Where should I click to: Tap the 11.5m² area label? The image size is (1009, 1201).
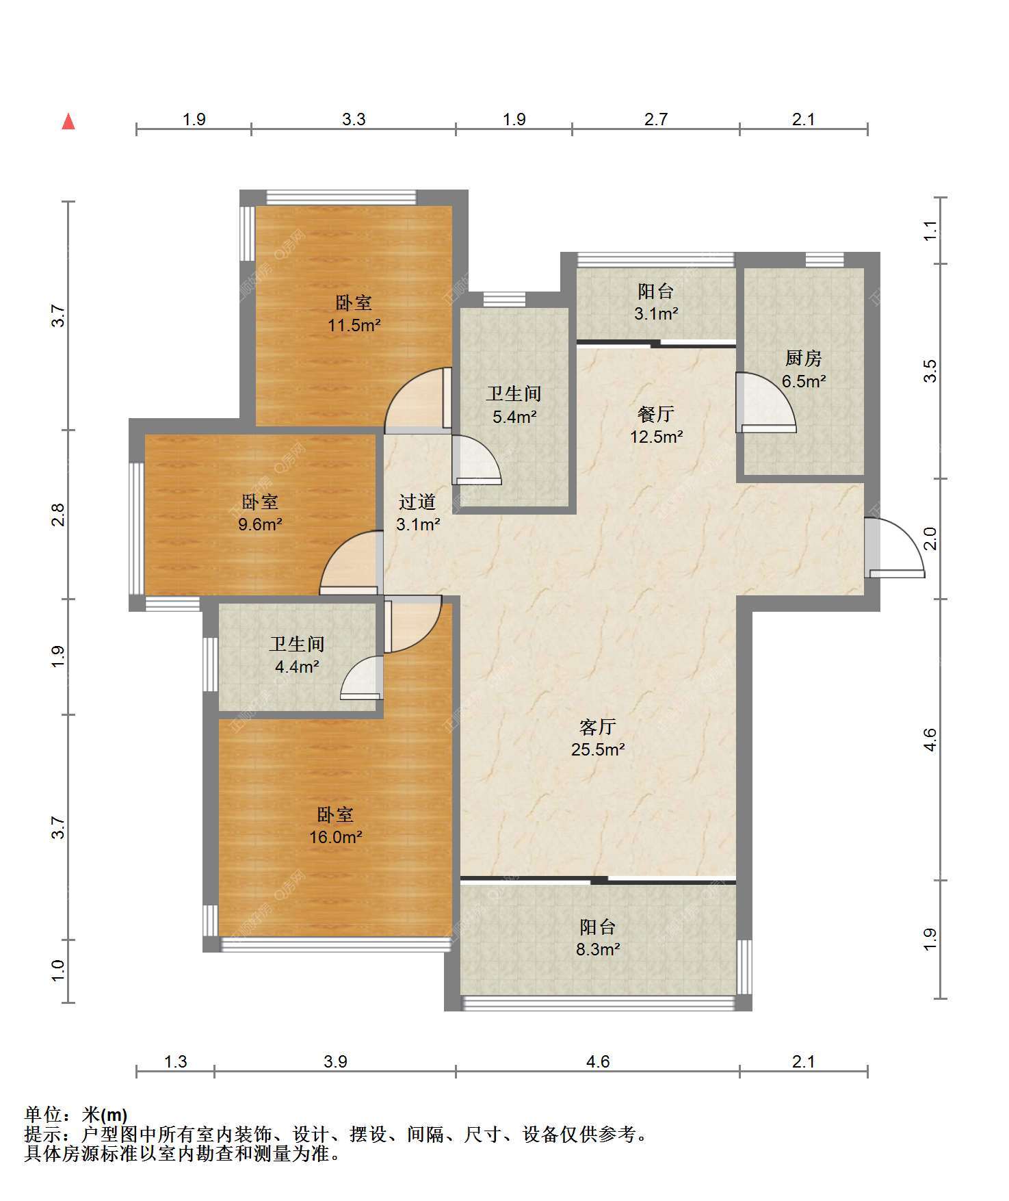[x=354, y=325]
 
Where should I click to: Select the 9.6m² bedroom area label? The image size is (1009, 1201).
[x=260, y=525]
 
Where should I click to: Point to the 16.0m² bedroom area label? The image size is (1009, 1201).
[x=335, y=837]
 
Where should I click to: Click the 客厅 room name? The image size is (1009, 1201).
[x=598, y=726]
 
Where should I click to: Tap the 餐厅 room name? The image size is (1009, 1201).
[x=656, y=413]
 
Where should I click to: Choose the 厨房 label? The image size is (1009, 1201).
[x=804, y=358]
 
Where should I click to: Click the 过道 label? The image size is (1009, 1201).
[x=417, y=502]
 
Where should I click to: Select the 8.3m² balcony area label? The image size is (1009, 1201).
[x=598, y=949]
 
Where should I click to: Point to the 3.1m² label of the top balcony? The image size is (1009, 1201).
[x=656, y=314]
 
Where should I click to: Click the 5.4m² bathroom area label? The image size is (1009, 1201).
[x=514, y=416]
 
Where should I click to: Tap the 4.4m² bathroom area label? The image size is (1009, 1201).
[x=297, y=667]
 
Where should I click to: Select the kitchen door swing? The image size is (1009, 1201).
[x=765, y=402]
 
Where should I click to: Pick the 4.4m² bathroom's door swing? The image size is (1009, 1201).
[x=361, y=677]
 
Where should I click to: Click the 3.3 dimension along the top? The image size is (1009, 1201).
[x=354, y=120]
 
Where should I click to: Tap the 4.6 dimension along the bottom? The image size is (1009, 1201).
[x=598, y=1061]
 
